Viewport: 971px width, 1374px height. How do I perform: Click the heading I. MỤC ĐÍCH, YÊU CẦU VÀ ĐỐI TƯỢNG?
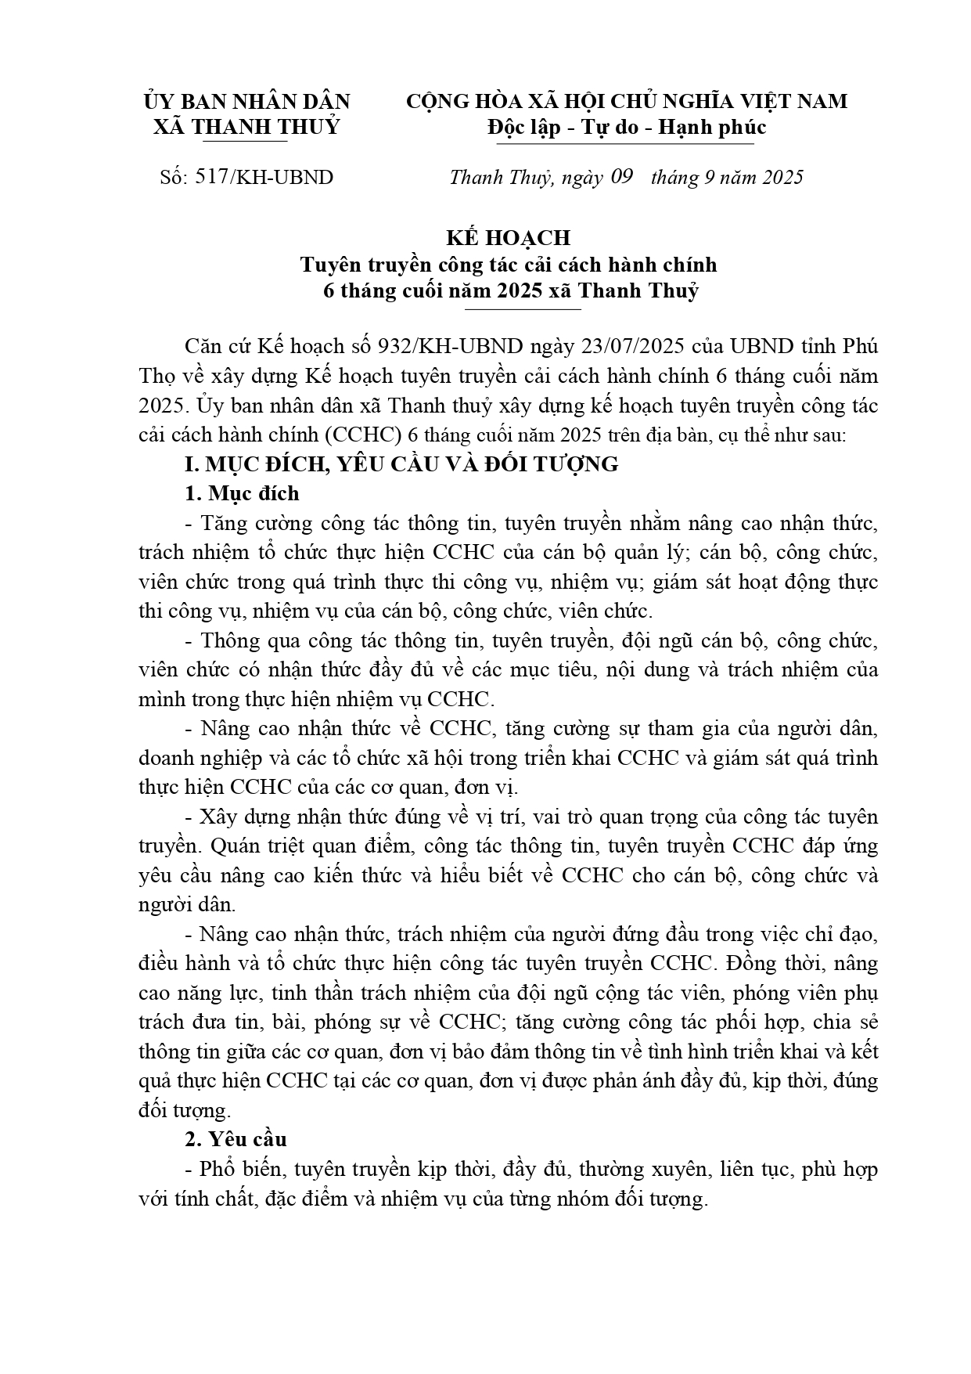click(401, 464)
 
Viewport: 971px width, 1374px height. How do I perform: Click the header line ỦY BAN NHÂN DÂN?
click(247, 102)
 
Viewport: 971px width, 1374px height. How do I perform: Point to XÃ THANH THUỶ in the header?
click(246, 127)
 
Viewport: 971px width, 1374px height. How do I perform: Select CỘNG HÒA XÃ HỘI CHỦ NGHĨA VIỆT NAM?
click(627, 102)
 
